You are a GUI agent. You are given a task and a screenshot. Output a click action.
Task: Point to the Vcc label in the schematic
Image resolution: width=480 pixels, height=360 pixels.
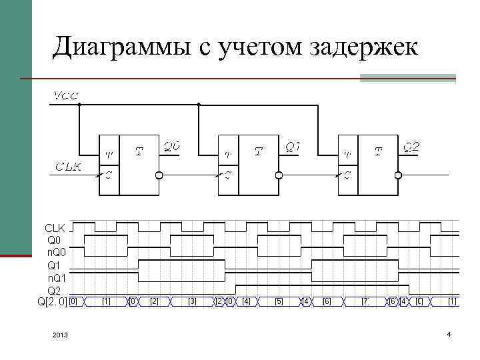pyautogui.click(x=65, y=95)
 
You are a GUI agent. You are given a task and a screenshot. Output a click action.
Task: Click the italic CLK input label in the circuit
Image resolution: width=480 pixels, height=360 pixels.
pyautogui.click(x=68, y=167)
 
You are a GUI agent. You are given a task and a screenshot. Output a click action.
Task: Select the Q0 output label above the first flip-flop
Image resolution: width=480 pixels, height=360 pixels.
pyautogui.click(x=172, y=147)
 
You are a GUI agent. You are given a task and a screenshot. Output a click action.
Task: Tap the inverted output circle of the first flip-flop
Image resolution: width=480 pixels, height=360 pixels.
pyautogui.click(x=159, y=175)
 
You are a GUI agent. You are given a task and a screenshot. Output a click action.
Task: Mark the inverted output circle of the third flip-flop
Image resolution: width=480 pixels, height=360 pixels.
pyautogui.click(x=398, y=175)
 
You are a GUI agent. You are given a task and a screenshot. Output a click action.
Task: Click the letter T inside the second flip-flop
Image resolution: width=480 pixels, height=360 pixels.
pyautogui.click(x=259, y=152)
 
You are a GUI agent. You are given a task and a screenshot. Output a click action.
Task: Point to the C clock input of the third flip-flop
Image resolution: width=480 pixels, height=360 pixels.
pyautogui.click(x=347, y=175)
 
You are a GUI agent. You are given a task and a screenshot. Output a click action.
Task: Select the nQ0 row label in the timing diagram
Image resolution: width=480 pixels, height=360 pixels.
pyautogui.click(x=56, y=251)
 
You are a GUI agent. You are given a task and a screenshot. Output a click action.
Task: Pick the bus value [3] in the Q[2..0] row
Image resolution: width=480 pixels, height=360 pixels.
pyautogui.click(x=193, y=302)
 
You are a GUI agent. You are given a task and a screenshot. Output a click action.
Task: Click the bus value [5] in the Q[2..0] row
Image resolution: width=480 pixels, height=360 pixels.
pyautogui.click(x=279, y=302)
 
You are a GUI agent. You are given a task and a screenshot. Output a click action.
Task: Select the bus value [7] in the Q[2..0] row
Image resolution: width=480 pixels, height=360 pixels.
pyautogui.click(x=365, y=302)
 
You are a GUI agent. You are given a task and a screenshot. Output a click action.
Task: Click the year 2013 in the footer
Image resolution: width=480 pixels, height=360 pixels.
pyautogui.click(x=59, y=334)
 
